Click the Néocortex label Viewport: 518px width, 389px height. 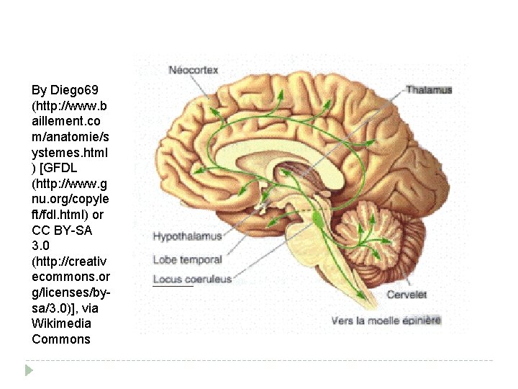[x=193, y=70]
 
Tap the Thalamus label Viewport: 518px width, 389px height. [x=429, y=90]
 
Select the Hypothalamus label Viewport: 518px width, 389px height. [x=187, y=236]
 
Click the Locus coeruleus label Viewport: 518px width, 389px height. [x=192, y=278]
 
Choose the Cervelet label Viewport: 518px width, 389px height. [x=406, y=295]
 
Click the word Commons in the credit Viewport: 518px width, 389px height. [x=61, y=339]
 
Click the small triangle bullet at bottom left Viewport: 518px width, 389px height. [x=29, y=370]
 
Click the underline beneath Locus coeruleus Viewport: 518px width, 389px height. [x=173, y=286]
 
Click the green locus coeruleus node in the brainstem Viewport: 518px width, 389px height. [x=317, y=216]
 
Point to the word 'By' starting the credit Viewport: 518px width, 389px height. [x=40, y=90]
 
